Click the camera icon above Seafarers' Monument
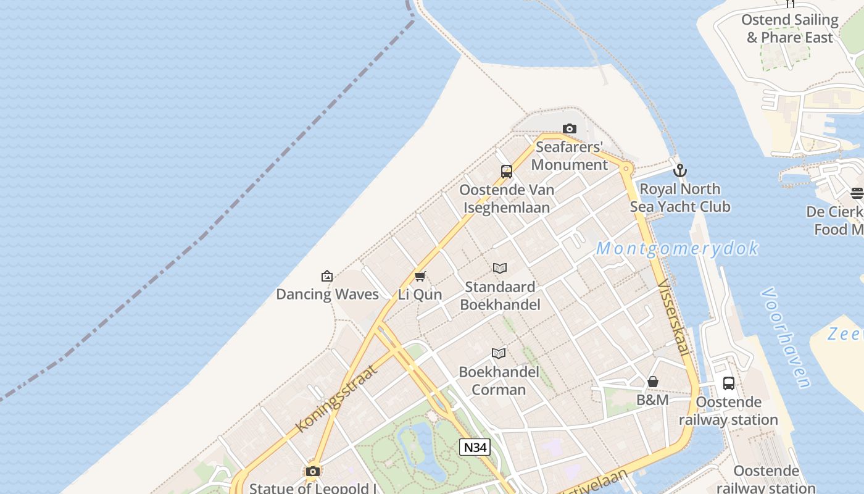[569, 129]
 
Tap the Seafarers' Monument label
[569, 156]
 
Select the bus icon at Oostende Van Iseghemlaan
[507, 172]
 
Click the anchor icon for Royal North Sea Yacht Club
[680, 170]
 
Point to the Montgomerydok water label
[677, 249]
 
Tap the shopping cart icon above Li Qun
[420, 276]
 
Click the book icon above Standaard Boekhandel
[500, 269]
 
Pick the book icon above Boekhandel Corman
[499, 353]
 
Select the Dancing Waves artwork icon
[327, 276]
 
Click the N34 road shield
[475, 447]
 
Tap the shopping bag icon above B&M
[653, 382]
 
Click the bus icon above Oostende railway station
[729, 383]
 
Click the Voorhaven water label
[786, 337]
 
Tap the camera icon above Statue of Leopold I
[313, 472]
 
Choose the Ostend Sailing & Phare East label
[790, 28]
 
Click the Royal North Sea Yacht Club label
[680, 198]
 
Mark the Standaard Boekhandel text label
[500, 296]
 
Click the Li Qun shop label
[420, 295]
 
